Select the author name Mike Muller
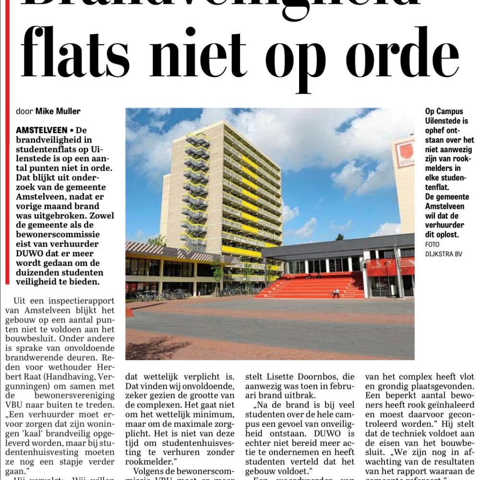click(x=58, y=111)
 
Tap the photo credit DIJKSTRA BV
click(x=444, y=254)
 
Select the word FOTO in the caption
click(x=432, y=245)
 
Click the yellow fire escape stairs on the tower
click(x=195, y=192)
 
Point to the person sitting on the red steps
click(x=336, y=293)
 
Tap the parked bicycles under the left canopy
click(x=154, y=294)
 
